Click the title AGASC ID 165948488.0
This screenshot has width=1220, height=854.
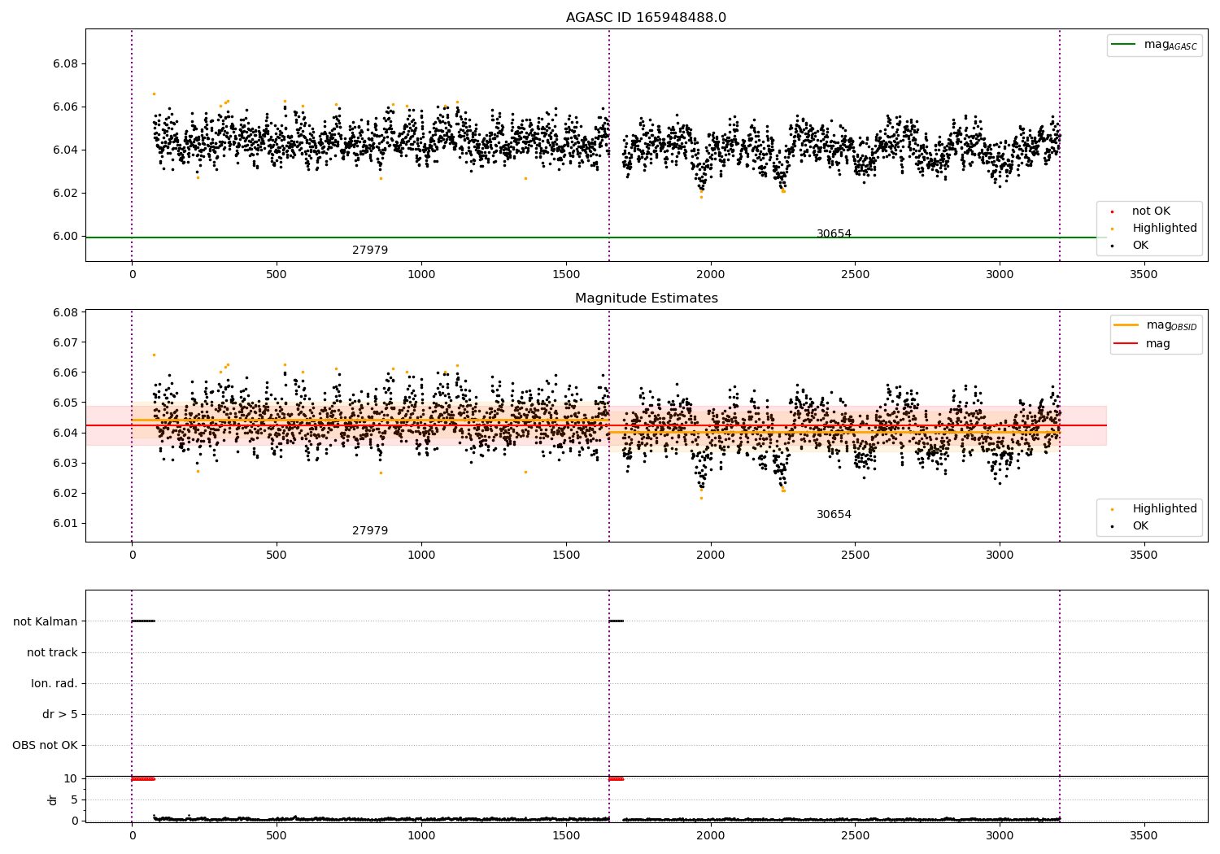pos(646,18)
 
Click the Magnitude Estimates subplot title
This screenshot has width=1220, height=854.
pos(646,298)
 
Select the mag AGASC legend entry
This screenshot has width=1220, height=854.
pos(1170,45)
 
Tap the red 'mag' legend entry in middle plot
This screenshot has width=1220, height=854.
pos(1157,344)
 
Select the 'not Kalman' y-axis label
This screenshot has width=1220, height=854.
pos(46,622)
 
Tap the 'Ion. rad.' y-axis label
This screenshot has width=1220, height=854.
pos(54,684)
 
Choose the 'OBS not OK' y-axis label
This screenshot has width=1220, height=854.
pos(45,746)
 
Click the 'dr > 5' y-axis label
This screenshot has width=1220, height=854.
pos(59,715)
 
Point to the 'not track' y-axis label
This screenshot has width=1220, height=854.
pos(52,653)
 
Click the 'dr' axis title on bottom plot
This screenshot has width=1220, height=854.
pos(53,800)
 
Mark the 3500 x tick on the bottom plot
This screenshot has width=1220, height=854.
pos(1144,835)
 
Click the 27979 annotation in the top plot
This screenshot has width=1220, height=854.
pos(370,251)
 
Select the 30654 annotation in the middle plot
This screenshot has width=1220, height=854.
pos(834,515)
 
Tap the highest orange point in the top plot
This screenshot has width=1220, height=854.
pos(154,94)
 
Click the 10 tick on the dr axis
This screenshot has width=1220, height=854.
pos(71,778)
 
